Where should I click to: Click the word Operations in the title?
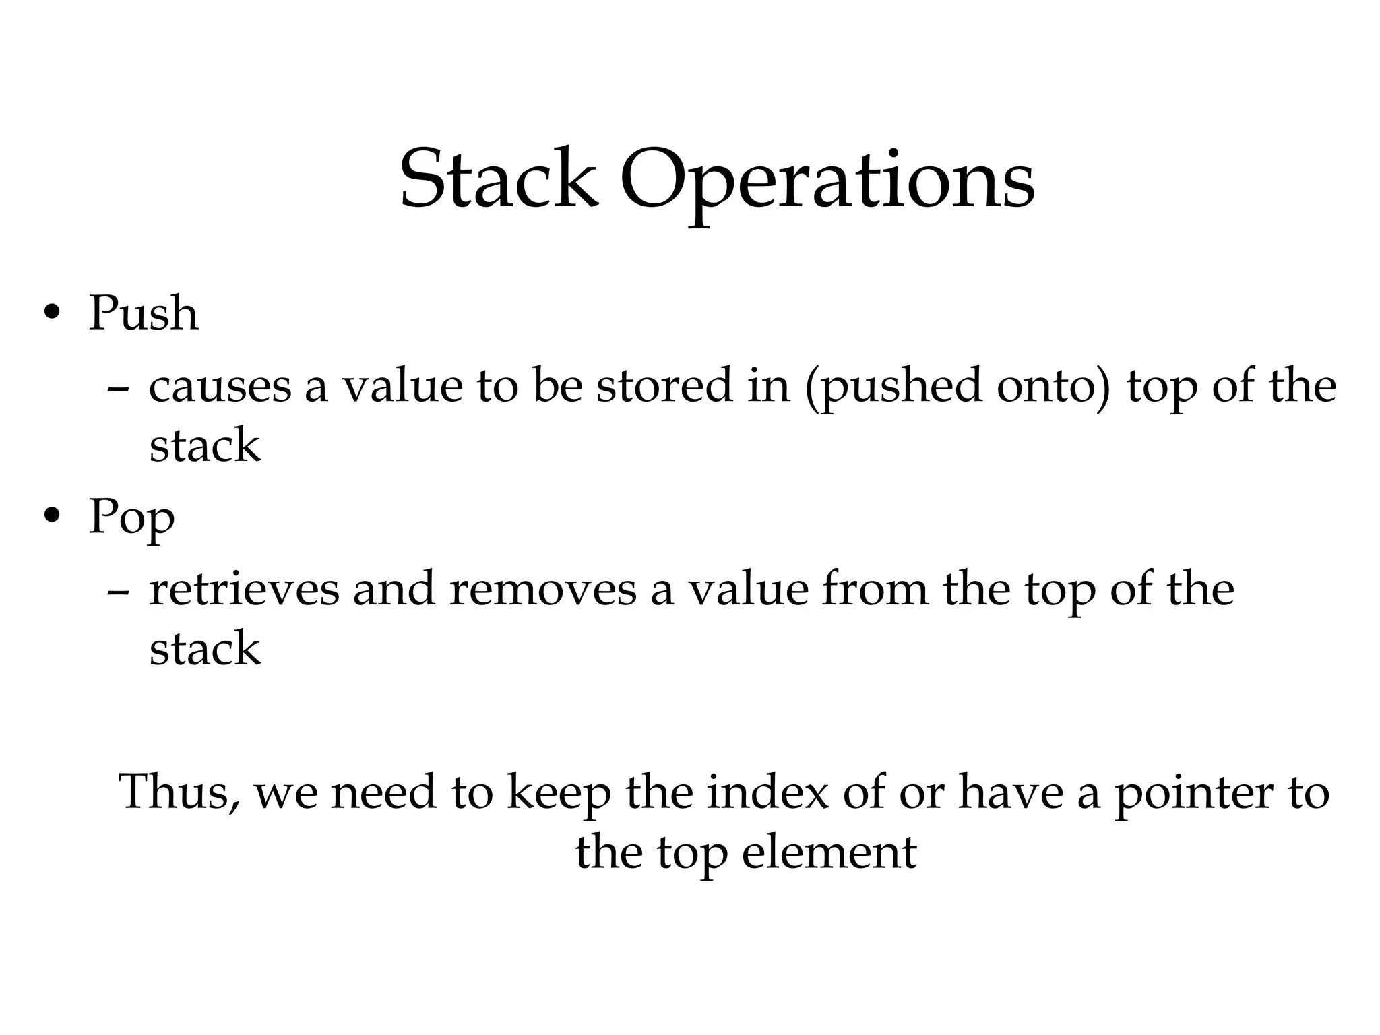827,181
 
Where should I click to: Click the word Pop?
131,518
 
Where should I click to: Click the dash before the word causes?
119,389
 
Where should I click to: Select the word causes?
220,387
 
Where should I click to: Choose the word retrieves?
244,590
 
